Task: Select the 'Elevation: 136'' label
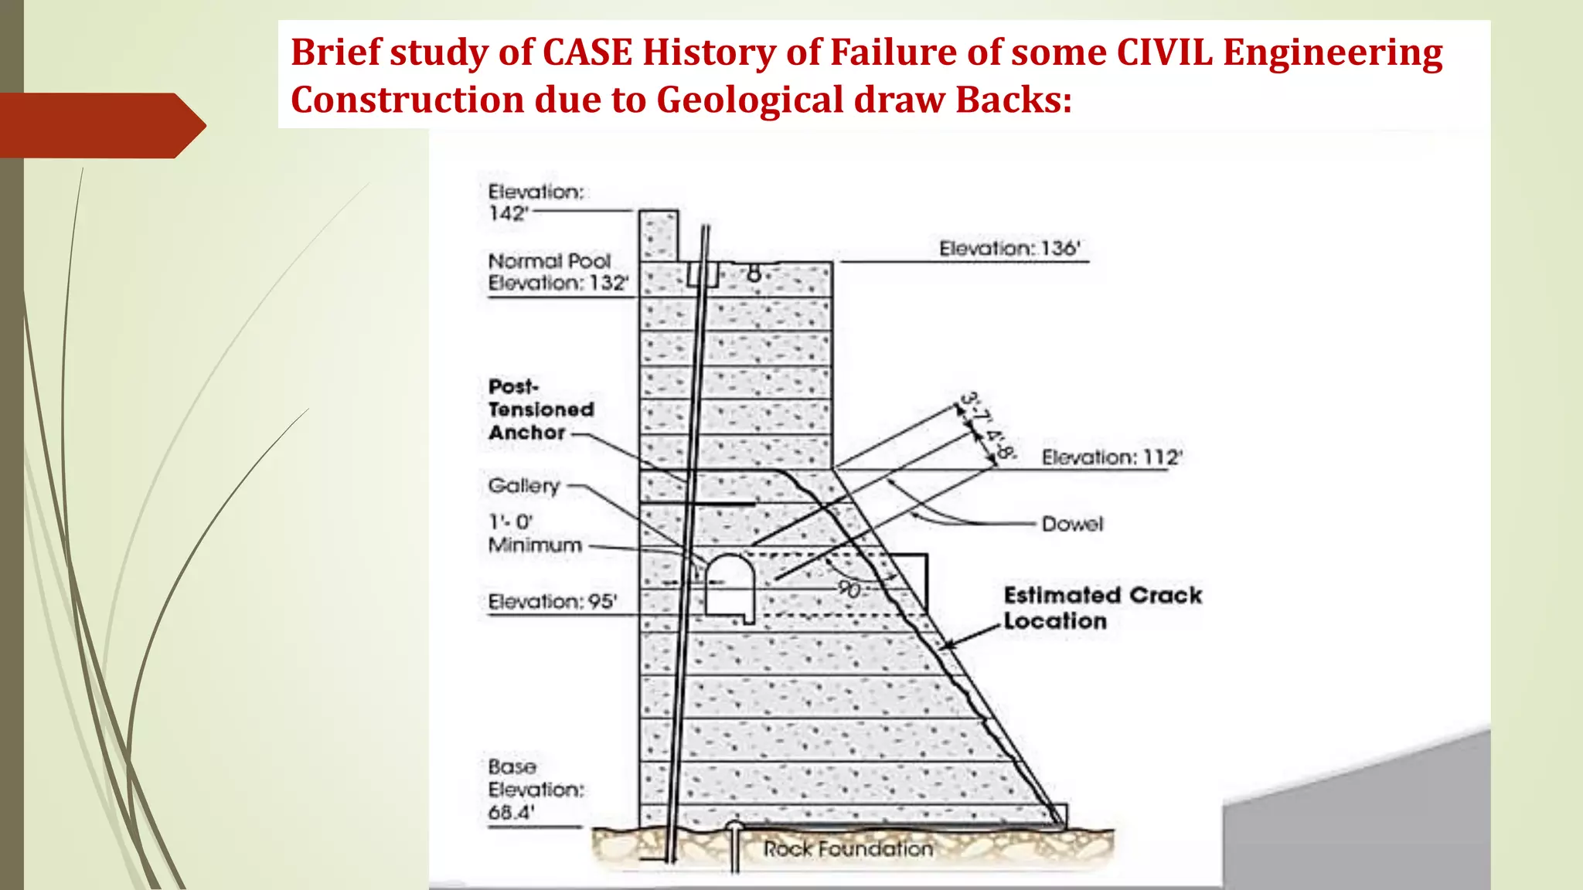tap(1009, 249)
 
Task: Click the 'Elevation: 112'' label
tap(1111, 457)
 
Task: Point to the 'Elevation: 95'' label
tap(552, 601)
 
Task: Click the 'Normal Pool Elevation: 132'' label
tap(557, 272)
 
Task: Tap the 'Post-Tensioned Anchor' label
tap(540, 409)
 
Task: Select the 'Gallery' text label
tap(523, 486)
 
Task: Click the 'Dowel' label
tap(1072, 524)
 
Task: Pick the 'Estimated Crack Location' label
tap(1101, 608)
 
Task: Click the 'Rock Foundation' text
tap(848, 849)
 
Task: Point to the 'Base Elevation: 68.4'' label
tap(535, 790)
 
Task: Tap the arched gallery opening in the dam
tap(729, 587)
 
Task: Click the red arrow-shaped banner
tap(100, 125)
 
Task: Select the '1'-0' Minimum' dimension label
tap(534, 534)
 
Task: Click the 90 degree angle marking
tap(849, 590)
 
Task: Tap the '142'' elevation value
tap(507, 213)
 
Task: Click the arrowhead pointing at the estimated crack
tap(948, 644)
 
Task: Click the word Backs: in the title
tap(1013, 100)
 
